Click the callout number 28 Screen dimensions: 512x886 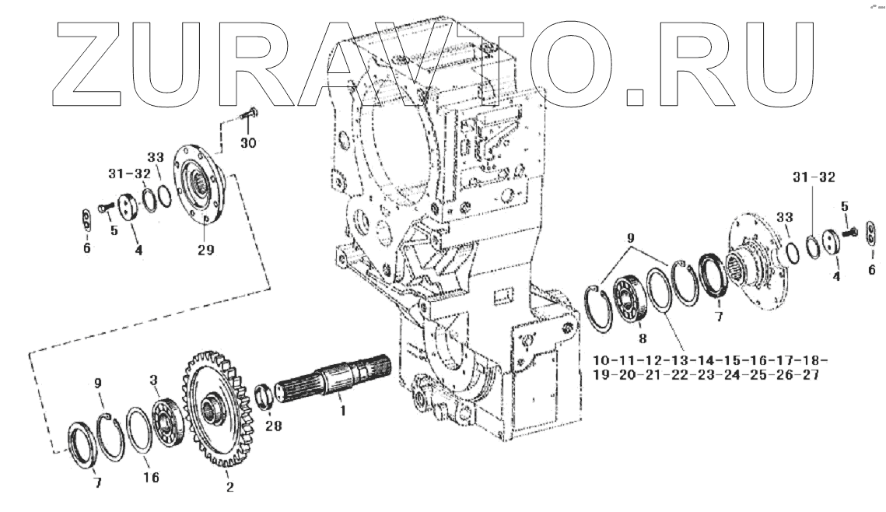(x=273, y=426)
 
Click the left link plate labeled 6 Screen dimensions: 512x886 (x=88, y=220)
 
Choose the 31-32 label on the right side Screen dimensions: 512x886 (x=814, y=177)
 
